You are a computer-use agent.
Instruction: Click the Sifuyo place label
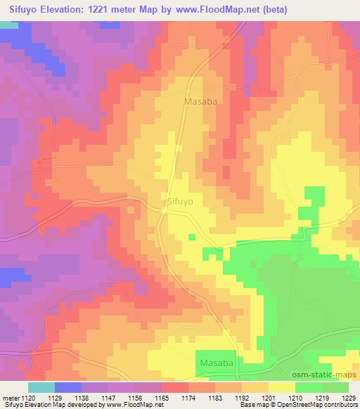181,200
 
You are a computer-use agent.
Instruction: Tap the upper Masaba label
200,101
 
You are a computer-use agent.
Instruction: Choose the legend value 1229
349,397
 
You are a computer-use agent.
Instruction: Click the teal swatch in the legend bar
41,387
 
